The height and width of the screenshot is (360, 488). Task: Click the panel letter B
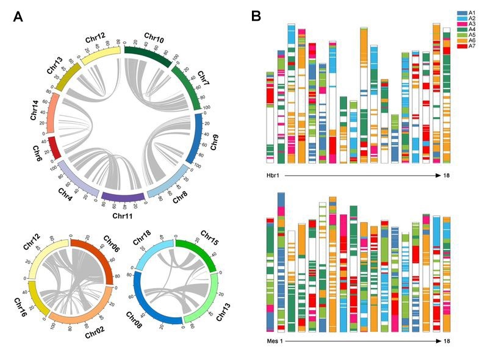pos(257,16)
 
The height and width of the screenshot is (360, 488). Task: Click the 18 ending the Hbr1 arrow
pos(447,176)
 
